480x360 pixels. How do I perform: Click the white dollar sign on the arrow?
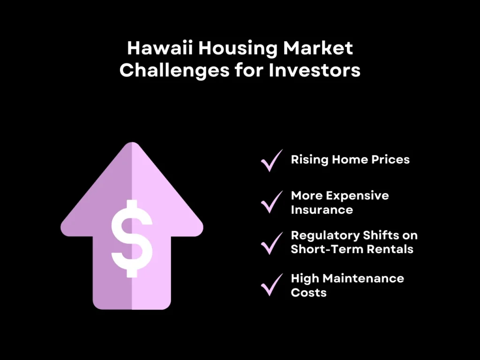click(x=132, y=238)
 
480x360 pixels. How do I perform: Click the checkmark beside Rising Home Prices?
click(x=271, y=160)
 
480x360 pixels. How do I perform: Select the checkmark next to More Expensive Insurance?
click(x=271, y=202)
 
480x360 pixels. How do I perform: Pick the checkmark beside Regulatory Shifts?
click(x=271, y=242)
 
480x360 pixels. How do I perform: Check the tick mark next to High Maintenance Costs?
click(x=271, y=284)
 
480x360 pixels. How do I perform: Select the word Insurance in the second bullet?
click(x=322, y=210)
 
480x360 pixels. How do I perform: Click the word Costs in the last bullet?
click(x=308, y=292)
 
